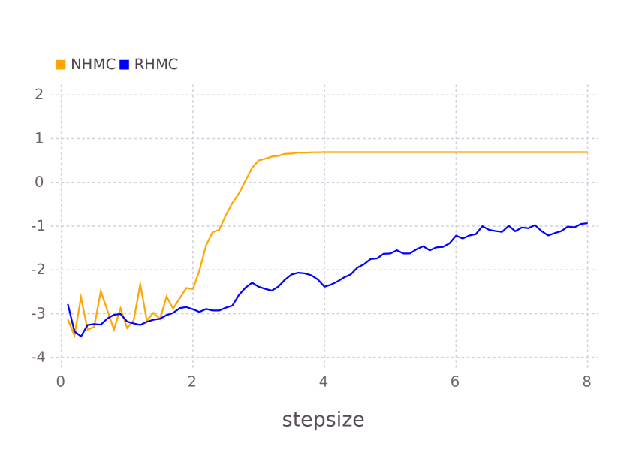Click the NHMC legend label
pyautogui.click(x=93, y=65)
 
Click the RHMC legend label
pyautogui.click(x=156, y=65)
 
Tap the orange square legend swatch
pyautogui.click(x=61, y=65)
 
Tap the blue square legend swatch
pyautogui.click(x=125, y=65)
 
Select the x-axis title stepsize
pyautogui.click(x=323, y=420)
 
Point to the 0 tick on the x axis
pyautogui.click(x=61, y=382)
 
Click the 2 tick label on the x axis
pyautogui.click(x=192, y=382)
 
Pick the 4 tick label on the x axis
pyautogui.click(x=324, y=382)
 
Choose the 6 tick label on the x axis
pyautogui.click(x=456, y=382)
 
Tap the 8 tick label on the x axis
pyautogui.click(x=587, y=382)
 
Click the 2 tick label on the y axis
pyautogui.click(x=39, y=94)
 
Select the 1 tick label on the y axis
pyautogui.click(x=39, y=138)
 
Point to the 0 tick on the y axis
pyautogui.click(x=39, y=182)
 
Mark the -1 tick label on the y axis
pyautogui.click(x=37, y=226)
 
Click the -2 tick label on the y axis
pyautogui.click(x=37, y=270)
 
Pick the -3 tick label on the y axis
pyautogui.click(x=37, y=313)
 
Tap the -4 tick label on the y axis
pyautogui.click(x=37, y=357)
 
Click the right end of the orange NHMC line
pyautogui.click(x=587, y=152)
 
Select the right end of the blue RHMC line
pyautogui.click(x=587, y=223)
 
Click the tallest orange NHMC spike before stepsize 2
pyautogui.click(x=140, y=282)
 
